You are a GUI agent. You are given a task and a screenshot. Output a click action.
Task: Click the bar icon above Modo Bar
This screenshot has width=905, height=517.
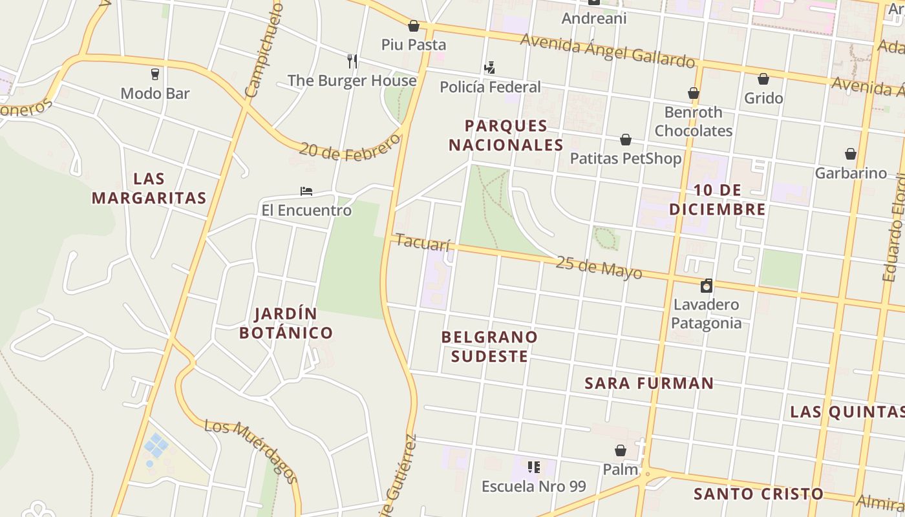point(154,74)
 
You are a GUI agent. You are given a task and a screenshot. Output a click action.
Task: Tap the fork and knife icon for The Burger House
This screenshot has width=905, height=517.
point(352,61)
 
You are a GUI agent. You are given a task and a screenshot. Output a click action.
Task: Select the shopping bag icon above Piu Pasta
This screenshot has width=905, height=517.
point(414,26)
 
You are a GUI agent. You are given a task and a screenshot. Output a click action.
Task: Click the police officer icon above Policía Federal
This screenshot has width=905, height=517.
point(489,67)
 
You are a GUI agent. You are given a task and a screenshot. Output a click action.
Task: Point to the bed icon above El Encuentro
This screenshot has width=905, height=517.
point(306,191)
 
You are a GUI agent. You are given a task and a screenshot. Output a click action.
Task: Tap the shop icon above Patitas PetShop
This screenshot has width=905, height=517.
point(626,140)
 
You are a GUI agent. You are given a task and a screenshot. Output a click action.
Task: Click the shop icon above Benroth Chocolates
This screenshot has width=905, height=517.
point(694,93)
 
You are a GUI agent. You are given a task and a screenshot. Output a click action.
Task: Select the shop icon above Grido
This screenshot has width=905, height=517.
point(763,79)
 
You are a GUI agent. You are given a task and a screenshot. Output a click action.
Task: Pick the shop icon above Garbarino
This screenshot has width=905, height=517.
point(851,154)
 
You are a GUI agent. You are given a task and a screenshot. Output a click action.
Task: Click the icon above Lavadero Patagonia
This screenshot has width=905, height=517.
point(707,285)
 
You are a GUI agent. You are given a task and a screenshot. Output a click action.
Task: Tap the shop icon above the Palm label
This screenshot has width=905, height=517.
point(621,450)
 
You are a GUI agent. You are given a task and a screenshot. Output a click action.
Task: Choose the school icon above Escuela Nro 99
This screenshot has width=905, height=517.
point(533,467)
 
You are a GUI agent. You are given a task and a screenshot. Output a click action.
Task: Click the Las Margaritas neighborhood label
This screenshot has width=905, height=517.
point(149,188)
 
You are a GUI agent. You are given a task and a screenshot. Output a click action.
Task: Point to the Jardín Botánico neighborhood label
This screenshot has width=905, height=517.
point(286,323)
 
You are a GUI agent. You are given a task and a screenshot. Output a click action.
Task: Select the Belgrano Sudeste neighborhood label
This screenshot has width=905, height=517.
point(489,346)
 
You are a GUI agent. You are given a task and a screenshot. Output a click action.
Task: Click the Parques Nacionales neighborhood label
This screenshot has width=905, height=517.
point(506,135)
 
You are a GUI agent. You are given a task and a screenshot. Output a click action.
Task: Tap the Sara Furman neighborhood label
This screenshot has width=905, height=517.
point(649,383)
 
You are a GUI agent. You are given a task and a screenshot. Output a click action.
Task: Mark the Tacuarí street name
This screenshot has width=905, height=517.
point(422,243)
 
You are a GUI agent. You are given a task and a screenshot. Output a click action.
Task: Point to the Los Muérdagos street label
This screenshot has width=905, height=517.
point(251,450)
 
